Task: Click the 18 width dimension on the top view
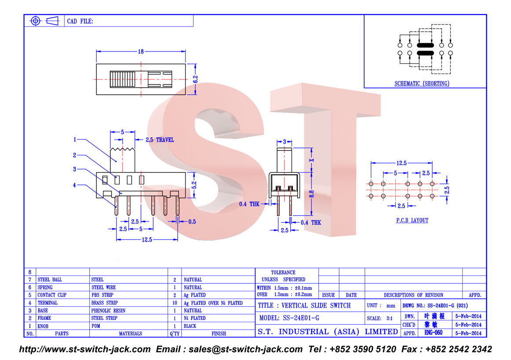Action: point(141,51)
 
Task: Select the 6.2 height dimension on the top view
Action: point(196,79)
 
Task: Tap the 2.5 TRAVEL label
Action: point(160,140)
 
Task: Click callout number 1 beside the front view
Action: point(75,140)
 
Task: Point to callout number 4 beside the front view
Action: point(74,185)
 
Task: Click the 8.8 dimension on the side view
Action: point(311,194)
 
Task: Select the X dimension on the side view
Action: point(311,160)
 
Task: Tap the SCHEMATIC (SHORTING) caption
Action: point(422,84)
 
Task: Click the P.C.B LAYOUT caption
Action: point(412,220)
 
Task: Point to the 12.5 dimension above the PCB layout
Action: point(401,163)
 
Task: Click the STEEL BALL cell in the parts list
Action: point(50,280)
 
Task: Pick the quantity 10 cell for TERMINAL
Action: point(175,303)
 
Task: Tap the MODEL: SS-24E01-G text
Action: point(289,318)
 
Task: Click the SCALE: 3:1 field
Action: point(380,319)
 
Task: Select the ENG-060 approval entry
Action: point(434,333)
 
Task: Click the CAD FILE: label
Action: point(80,22)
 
